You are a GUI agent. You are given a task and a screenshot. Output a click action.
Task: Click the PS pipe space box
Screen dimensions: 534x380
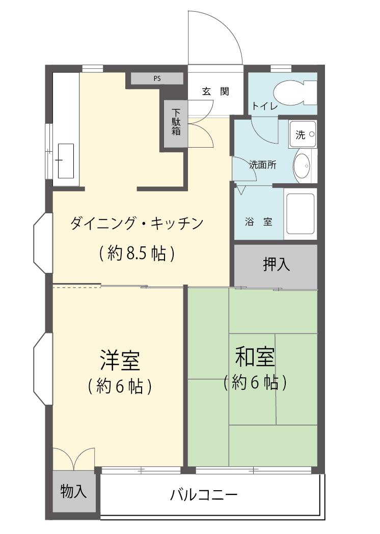(157, 78)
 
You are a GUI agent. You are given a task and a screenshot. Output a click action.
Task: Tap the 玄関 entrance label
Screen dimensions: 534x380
(215, 92)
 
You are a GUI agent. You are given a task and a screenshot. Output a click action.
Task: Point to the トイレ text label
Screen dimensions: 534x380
(264, 106)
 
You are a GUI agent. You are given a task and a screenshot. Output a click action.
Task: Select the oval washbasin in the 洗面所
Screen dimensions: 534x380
(303, 166)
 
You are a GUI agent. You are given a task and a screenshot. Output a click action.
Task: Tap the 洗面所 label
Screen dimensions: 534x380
(262, 165)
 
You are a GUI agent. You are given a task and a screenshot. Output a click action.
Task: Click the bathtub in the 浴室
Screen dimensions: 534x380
(301, 214)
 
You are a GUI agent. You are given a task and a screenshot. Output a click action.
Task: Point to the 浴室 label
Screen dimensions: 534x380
(258, 222)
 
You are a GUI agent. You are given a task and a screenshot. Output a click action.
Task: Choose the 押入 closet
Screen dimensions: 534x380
(276, 265)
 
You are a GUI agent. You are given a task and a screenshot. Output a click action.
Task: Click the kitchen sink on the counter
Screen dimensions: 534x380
(66, 160)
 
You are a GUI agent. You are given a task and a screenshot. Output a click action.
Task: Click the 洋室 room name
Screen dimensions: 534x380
(120, 360)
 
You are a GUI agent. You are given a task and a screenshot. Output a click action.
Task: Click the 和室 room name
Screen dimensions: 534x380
(255, 357)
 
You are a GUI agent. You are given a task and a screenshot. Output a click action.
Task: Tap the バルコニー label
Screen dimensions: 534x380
(204, 494)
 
